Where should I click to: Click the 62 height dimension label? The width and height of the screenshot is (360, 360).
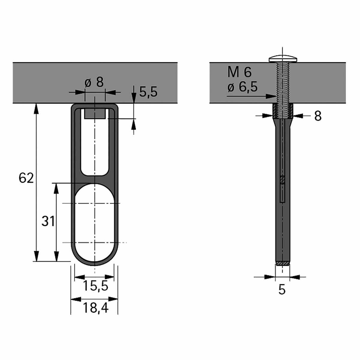[26, 178]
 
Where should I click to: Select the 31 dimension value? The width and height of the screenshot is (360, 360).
[48, 221]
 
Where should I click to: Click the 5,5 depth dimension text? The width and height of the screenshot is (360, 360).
[148, 92]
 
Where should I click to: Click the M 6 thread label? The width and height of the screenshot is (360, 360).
[240, 72]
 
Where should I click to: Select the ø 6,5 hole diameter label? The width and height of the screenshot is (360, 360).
[242, 87]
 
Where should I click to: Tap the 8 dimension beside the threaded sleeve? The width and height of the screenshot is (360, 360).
[318, 116]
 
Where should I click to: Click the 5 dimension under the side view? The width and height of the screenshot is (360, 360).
[282, 290]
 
